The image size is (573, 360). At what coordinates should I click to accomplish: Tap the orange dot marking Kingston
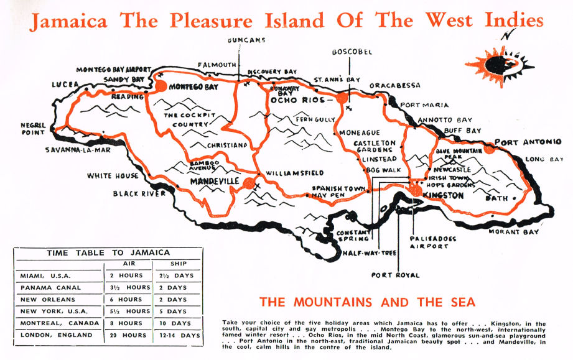coord(414,191)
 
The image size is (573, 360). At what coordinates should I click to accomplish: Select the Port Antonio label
coord(528,141)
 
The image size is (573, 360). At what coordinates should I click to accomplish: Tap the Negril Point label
coord(34,128)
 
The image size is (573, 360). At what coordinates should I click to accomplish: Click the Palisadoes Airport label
coord(429,242)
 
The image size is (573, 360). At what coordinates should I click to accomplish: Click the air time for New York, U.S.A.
coord(126,311)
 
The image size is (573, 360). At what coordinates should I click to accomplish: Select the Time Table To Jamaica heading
coord(108,252)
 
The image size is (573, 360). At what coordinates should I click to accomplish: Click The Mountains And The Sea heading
coord(367,303)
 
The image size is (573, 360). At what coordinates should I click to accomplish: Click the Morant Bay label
coord(521,232)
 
